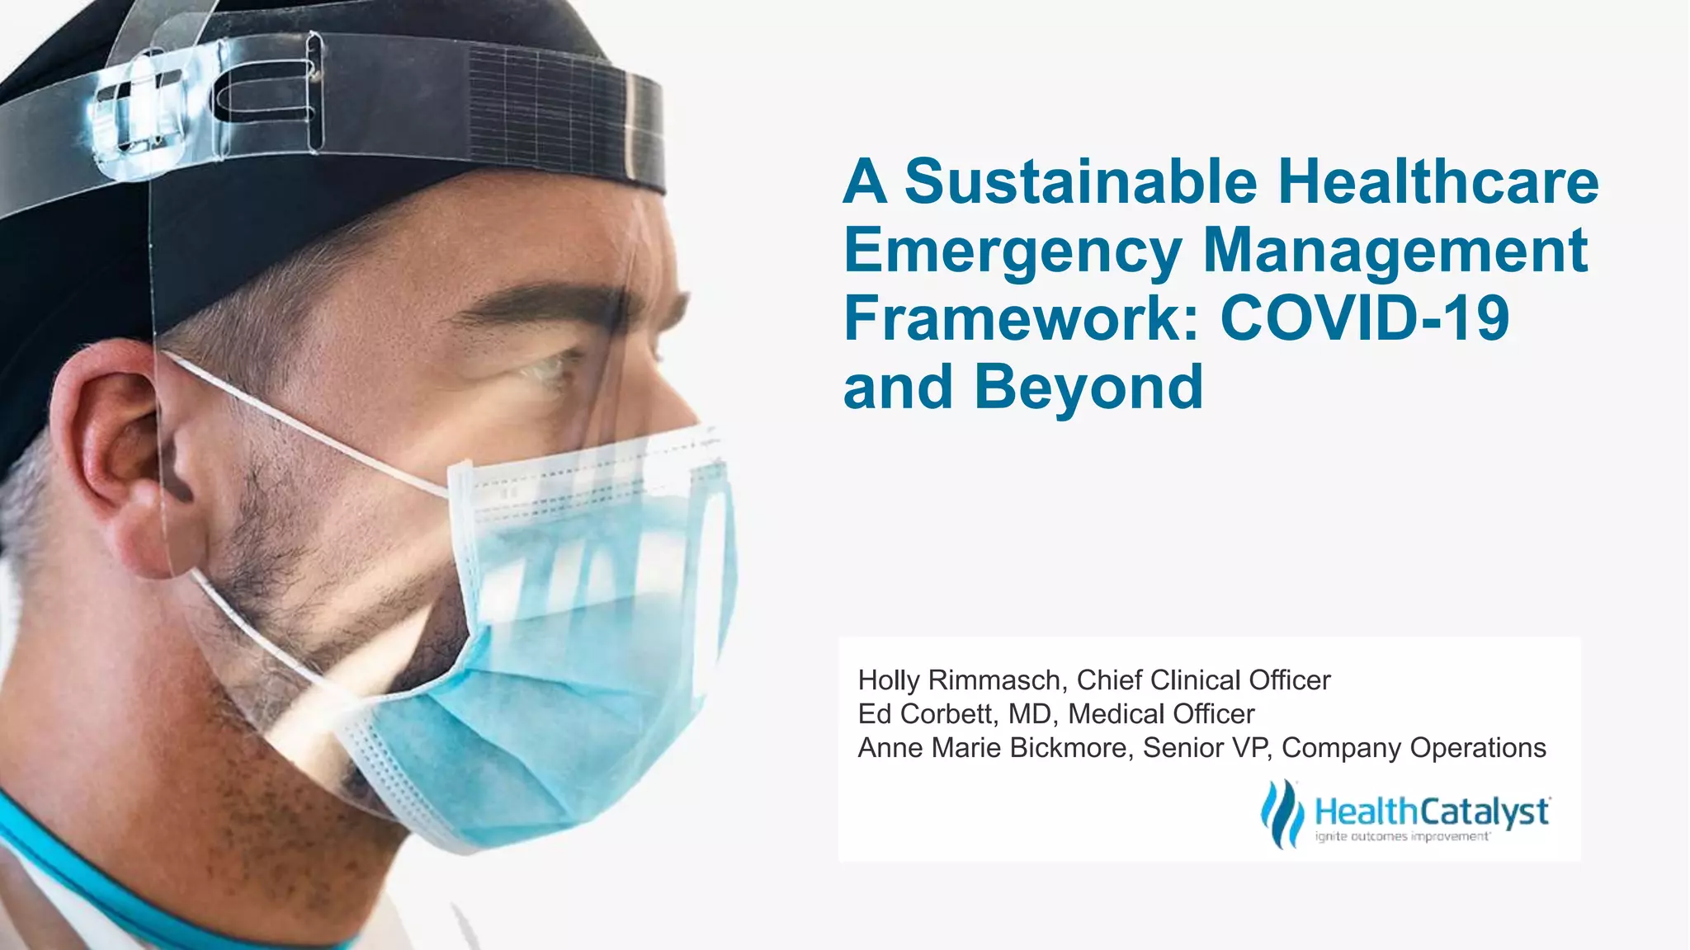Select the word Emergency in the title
[1013, 252]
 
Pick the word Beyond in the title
[1088, 387]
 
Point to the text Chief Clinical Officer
[1203, 680]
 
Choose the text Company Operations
[1414, 748]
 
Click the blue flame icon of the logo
[1282, 813]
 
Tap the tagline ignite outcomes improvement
[1402, 837]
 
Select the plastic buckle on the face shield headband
[136, 115]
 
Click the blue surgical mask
[578, 643]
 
